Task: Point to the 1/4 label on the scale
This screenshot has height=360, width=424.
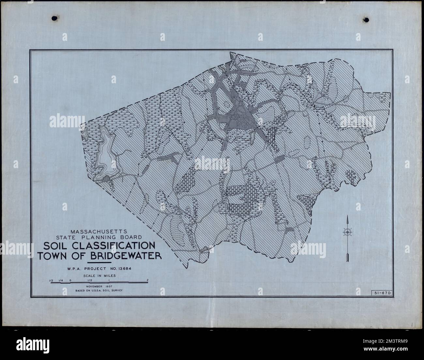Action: pos(61,280)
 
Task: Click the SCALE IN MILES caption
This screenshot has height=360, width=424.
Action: pos(99,275)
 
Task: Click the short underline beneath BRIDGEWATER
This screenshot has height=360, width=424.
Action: pos(99,262)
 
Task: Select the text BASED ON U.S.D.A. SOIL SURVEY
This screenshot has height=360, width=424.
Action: pos(99,290)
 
